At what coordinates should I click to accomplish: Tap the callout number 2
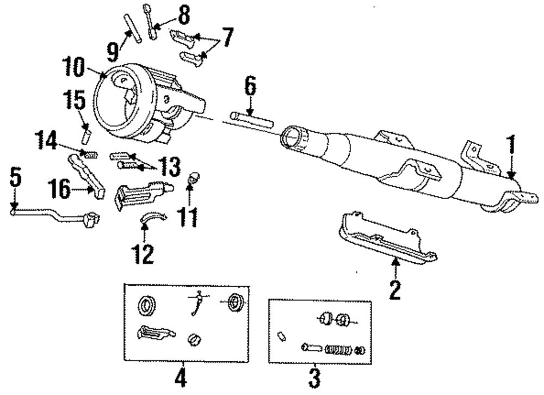[394, 289]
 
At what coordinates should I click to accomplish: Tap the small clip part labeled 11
[191, 177]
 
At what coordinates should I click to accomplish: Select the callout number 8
[184, 16]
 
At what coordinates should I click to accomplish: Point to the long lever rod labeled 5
[49, 214]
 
